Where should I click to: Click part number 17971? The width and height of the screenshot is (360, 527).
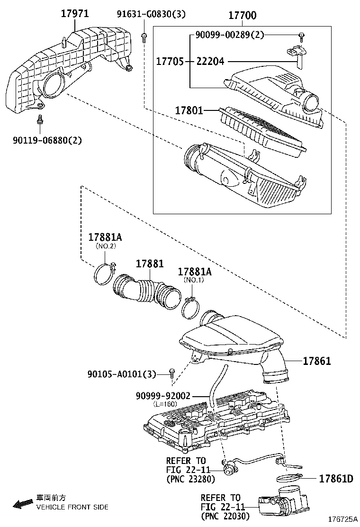(x=74, y=13)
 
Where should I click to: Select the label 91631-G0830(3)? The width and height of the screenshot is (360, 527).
(x=151, y=14)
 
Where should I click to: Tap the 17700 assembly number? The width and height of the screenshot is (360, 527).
(x=242, y=15)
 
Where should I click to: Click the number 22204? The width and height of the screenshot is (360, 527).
(x=210, y=61)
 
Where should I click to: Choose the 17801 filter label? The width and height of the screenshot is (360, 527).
(x=189, y=110)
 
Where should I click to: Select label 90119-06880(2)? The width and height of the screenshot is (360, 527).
(x=47, y=140)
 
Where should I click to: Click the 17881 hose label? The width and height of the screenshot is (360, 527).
(x=150, y=263)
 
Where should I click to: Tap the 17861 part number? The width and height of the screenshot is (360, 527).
(x=317, y=361)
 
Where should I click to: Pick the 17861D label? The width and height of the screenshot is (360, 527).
(x=336, y=479)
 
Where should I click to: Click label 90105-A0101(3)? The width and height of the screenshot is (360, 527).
(x=122, y=374)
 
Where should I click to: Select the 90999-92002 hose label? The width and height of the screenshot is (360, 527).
(x=163, y=396)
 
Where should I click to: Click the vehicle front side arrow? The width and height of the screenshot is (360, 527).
(x=23, y=503)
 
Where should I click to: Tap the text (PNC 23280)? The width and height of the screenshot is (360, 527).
(x=190, y=479)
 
